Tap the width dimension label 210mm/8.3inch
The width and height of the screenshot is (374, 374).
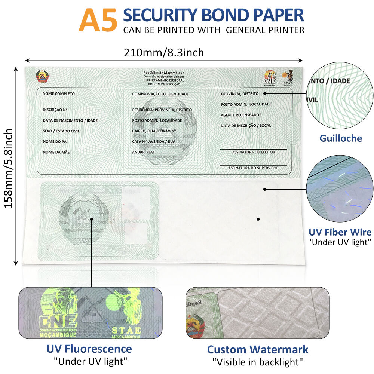tap(164, 53)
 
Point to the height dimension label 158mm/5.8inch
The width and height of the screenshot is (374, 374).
tap(8, 168)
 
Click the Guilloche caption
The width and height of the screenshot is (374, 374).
tap(340, 138)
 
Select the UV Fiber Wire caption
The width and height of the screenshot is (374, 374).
tap(340, 232)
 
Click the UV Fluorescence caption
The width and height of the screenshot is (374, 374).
tap(89, 349)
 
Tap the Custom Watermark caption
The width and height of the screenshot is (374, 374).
tap(258, 350)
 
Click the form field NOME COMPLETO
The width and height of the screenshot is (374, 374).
tap(59, 93)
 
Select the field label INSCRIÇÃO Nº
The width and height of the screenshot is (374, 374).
tap(55, 110)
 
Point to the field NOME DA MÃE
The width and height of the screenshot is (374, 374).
tap(56, 152)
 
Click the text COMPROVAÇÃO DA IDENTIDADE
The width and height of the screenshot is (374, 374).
tap(160, 94)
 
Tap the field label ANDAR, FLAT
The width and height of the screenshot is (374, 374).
tap(143, 152)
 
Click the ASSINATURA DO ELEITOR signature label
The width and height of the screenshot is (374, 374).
tap(253, 152)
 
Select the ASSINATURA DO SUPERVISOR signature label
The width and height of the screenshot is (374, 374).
tap(253, 168)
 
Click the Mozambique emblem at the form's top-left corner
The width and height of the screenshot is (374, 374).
tap(42, 77)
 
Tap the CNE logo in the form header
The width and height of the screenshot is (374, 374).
tap(270, 77)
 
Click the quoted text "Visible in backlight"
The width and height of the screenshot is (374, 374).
tap(258, 362)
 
